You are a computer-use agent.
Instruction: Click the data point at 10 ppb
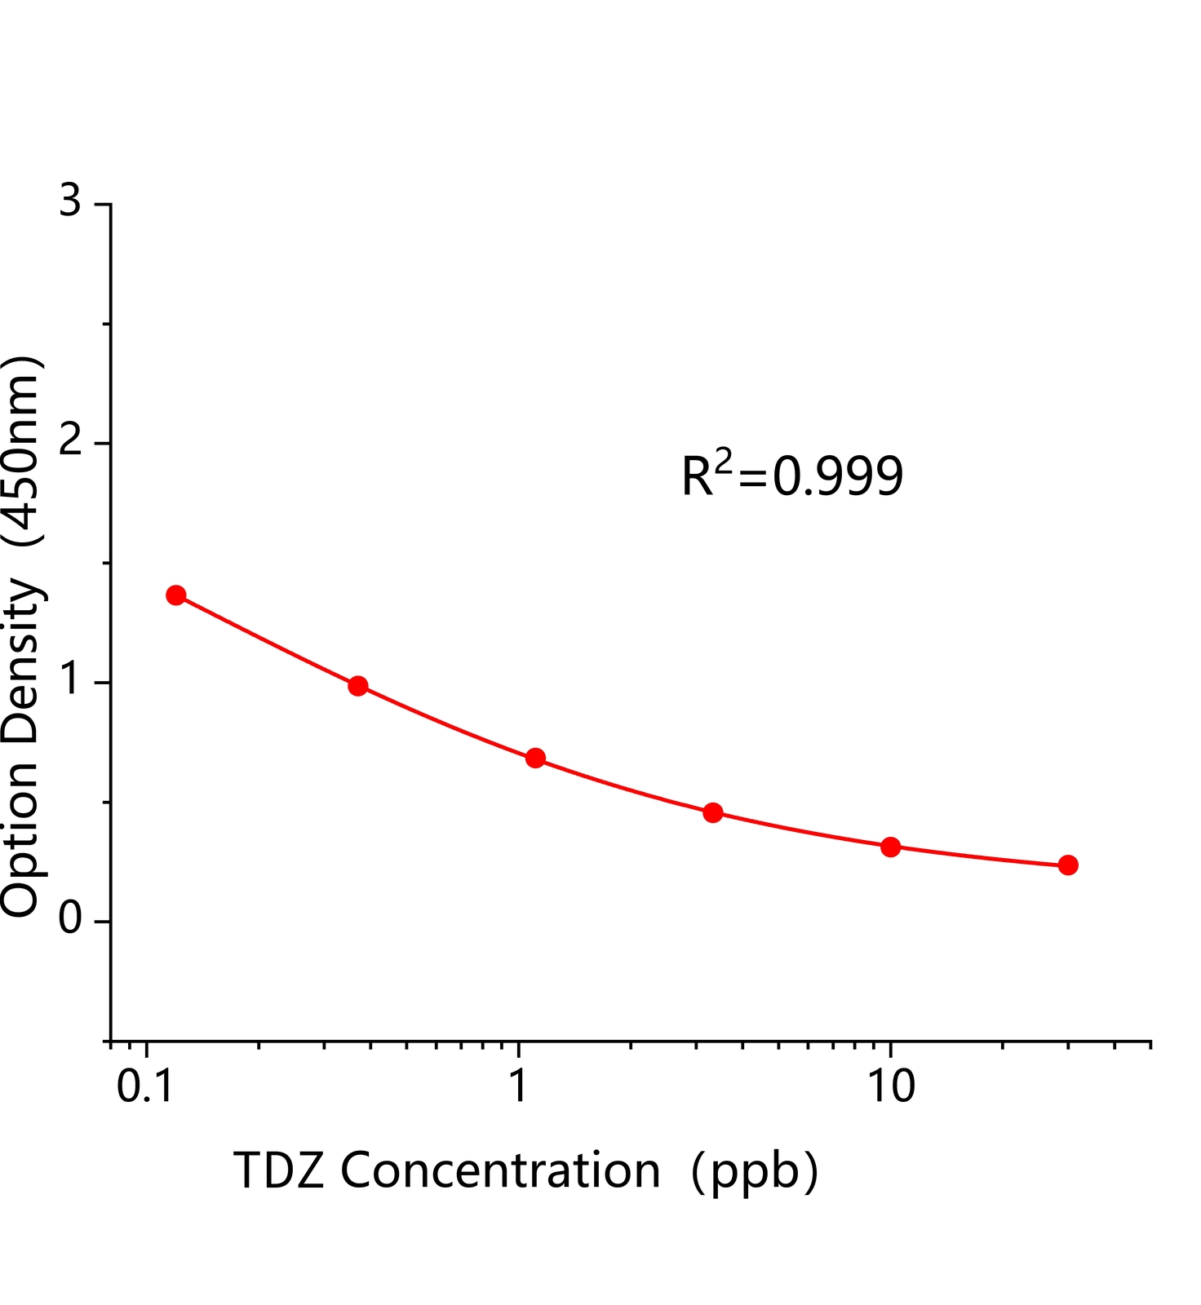pyautogui.click(x=890, y=847)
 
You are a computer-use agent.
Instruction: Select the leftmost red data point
pyautogui.click(x=175, y=595)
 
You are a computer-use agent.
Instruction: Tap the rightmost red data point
pyautogui.click(x=1068, y=865)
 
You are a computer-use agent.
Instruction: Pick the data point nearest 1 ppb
pyautogui.click(x=535, y=758)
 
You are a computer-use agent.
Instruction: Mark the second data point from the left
pyautogui.click(x=357, y=685)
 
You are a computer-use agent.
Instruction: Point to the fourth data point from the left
pyautogui.click(x=712, y=812)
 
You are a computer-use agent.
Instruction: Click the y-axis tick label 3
pyautogui.click(x=71, y=201)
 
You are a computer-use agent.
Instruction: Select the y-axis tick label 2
pyautogui.click(x=71, y=441)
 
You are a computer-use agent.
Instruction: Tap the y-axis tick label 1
pyautogui.click(x=71, y=680)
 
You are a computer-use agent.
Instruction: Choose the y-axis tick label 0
pyautogui.click(x=71, y=919)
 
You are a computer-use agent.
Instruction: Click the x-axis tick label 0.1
pyautogui.click(x=145, y=1087)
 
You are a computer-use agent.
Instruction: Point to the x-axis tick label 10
pyautogui.click(x=890, y=1087)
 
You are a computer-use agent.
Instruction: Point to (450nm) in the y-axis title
pyautogui.click(x=21, y=451)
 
